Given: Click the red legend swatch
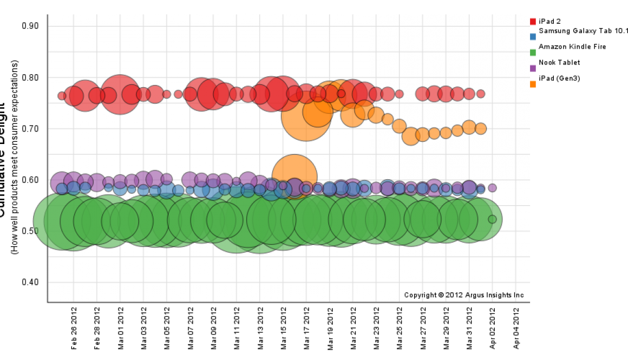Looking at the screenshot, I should pos(533,22).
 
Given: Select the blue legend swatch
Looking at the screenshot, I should pos(533,37).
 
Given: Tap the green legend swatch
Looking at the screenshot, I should pos(533,53).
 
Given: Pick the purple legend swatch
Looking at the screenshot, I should pos(533,68).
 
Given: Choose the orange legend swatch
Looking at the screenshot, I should pos(533,84).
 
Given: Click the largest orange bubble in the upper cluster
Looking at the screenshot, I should pos(306,116).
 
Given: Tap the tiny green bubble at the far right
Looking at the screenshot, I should pos(492,219).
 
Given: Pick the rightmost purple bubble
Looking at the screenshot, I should pos(492,188).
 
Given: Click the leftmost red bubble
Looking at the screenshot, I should pos(62,96).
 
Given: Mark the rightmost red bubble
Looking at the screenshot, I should pos(481,94).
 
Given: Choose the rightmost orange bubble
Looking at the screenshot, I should pos(481,128).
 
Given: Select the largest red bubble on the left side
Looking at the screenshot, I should pos(120,94).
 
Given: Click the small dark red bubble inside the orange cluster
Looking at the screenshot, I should pos(341,94).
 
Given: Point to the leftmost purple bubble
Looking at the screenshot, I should pos(61,183).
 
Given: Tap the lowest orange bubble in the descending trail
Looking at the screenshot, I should pos(410,136).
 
